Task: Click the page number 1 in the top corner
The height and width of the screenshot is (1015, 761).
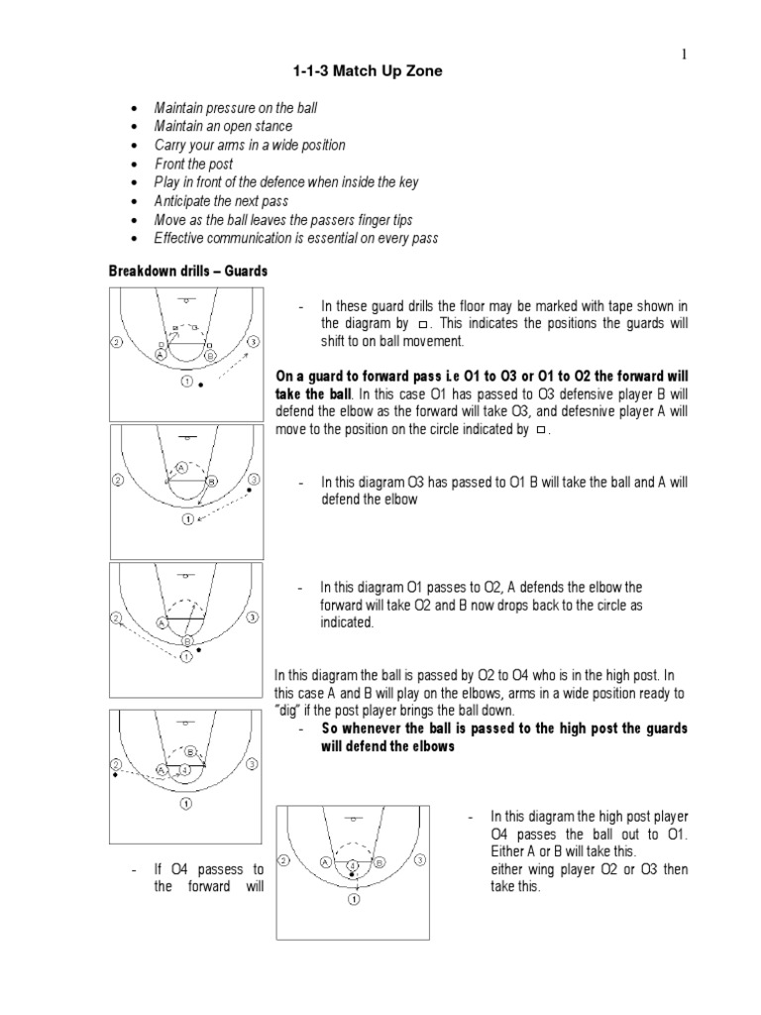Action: pos(683,54)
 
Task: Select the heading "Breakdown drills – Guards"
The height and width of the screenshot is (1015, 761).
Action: pos(187,271)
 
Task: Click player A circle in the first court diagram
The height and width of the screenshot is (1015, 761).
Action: pos(161,354)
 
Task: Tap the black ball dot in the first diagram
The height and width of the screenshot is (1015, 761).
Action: pos(200,383)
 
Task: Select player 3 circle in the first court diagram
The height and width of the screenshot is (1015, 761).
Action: pos(254,342)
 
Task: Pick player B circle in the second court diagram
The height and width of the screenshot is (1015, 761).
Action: pos(211,481)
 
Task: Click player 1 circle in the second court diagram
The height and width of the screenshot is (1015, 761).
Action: pos(185,519)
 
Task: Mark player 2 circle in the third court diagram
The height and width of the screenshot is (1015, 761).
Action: pos(117,619)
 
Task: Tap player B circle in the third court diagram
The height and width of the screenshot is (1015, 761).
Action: pos(185,641)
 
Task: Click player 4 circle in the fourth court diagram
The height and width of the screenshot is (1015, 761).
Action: pos(184,768)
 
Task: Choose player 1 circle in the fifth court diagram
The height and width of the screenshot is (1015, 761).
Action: pos(354,900)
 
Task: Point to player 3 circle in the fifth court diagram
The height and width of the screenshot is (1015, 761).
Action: pos(421,860)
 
